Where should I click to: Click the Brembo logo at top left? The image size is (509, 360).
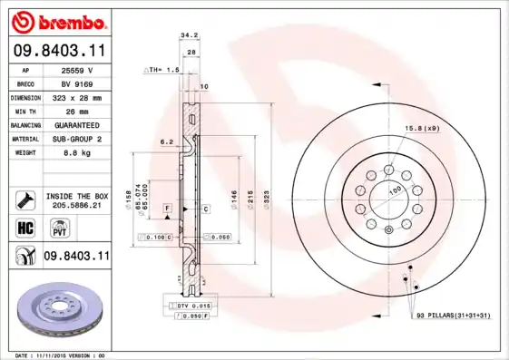[x=57, y=20]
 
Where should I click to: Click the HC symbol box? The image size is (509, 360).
[x=24, y=229]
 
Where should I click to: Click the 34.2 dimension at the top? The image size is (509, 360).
[x=188, y=35]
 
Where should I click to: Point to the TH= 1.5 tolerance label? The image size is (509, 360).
[x=164, y=69]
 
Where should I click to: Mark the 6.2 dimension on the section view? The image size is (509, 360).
[x=166, y=142]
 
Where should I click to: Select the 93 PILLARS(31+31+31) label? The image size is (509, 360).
[x=455, y=314]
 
